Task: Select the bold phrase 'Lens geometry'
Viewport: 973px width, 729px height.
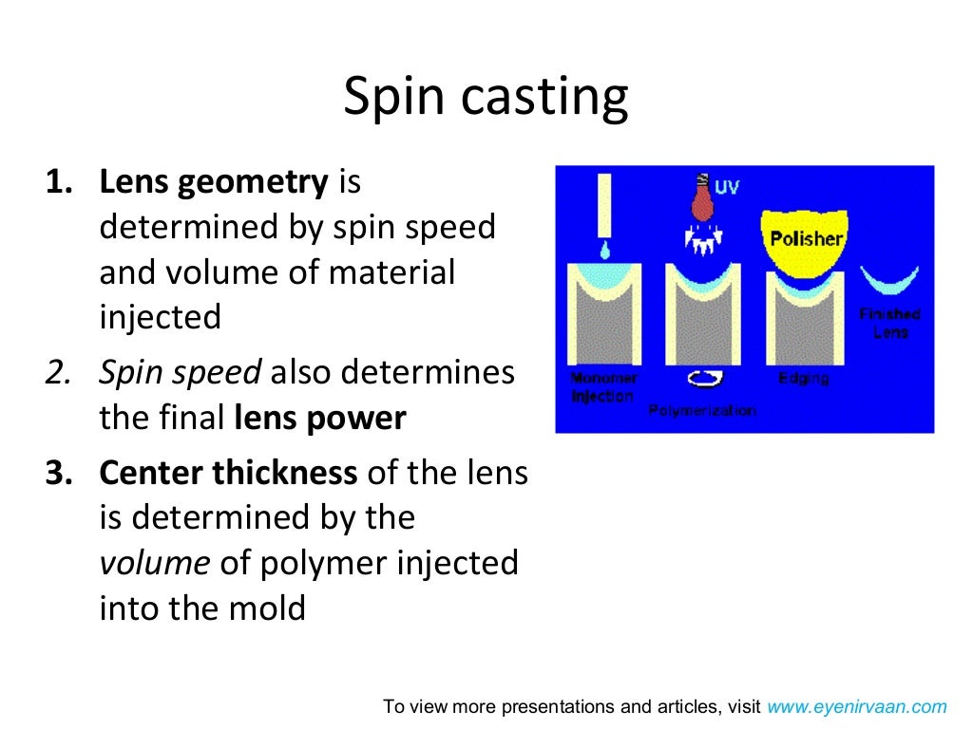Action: click(x=214, y=181)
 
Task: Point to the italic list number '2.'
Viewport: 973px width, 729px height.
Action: click(x=59, y=373)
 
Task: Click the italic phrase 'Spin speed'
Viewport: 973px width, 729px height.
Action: click(x=180, y=373)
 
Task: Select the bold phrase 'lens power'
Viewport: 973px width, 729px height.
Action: click(x=319, y=419)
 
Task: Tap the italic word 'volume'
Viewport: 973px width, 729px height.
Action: click(x=154, y=563)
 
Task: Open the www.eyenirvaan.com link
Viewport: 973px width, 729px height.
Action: click(x=857, y=706)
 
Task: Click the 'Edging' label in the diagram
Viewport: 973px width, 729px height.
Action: click(x=803, y=378)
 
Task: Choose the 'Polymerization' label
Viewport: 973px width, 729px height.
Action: click(x=702, y=410)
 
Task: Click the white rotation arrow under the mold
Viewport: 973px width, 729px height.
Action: click(x=704, y=378)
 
